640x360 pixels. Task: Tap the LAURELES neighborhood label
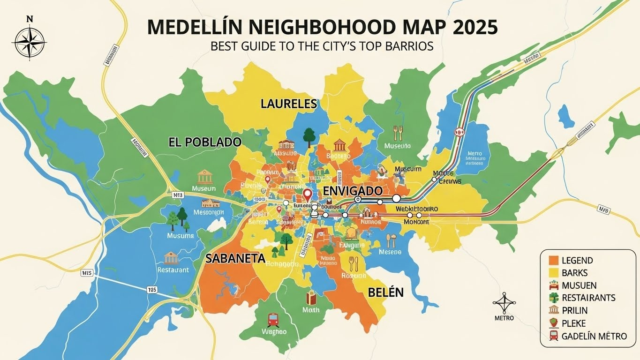(289, 104)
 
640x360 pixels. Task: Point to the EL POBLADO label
(205, 142)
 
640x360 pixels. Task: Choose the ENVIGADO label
(353, 191)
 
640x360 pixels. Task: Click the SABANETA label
(235, 258)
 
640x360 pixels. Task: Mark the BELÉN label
(385, 292)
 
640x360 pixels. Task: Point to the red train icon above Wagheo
(273, 320)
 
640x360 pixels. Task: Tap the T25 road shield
(152, 290)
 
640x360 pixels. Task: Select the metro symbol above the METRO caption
(504, 303)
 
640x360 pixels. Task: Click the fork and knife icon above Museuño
(397, 133)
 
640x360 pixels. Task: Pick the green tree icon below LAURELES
(309, 135)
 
